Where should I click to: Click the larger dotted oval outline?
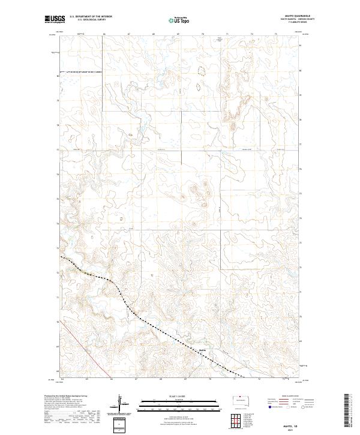click(x=200, y=70)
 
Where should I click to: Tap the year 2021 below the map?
click(x=292, y=428)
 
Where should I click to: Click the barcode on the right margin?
click(x=348, y=412)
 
